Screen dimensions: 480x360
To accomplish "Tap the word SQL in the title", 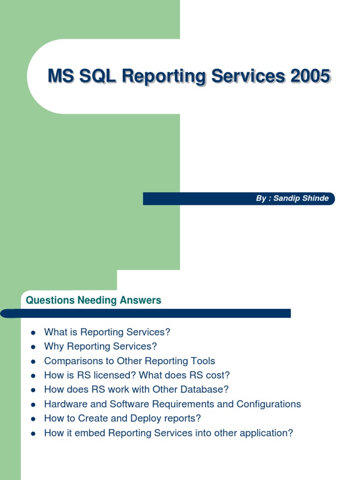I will (x=97, y=76).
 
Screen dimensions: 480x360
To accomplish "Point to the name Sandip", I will (x=286, y=198).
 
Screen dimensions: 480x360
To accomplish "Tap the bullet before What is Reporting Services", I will (x=33, y=333).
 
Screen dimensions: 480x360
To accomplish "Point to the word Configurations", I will (x=269, y=404).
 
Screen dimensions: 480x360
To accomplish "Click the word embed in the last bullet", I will (x=93, y=433).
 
